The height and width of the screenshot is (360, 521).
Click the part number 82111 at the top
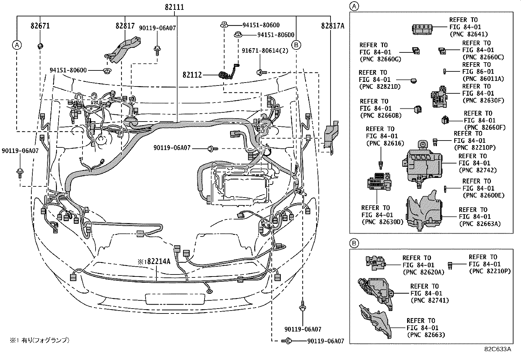pyautogui.click(x=174, y=7)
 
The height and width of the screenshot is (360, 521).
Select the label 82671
pyautogui.click(x=40, y=26)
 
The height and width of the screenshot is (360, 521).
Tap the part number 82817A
pyautogui.click(x=332, y=26)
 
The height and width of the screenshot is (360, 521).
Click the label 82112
pyautogui.click(x=192, y=75)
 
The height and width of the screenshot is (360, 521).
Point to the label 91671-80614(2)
pyautogui.click(x=265, y=51)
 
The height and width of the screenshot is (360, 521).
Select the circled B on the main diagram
pyautogui.click(x=296, y=45)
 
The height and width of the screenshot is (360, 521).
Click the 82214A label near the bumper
pyautogui.click(x=154, y=262)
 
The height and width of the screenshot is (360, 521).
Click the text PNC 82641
pyautogui.click(x=469, y=34)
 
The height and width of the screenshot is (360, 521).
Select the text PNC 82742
pyautogui.click(x=477, y=170)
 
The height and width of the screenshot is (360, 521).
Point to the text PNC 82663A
pyautogui.click(x=480, y=224)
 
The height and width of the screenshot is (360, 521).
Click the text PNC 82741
pyautogui.click(x=430, y=300)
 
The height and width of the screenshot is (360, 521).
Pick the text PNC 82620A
pyautogui.click(x=423, y=272)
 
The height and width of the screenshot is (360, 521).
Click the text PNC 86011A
pyautogui.click(x=483, y=79)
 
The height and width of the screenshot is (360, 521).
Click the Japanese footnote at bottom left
pyautogui.click(x=39, y=340)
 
